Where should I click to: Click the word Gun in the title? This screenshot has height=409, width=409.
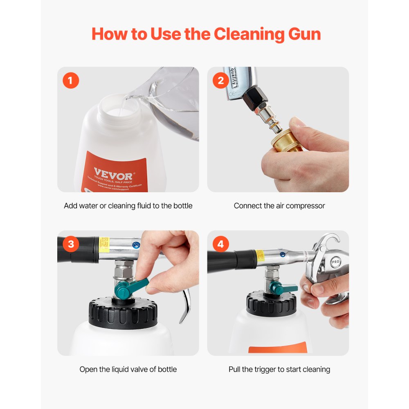tap(301, 34)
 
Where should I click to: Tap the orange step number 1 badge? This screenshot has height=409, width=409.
tap(70, 81)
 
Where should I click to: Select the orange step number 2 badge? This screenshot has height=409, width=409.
tap(220, 81)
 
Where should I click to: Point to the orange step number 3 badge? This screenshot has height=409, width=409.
tap(71, 244)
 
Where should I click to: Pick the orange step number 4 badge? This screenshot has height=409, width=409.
tap(220, 244)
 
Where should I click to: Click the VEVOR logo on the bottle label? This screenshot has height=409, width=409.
tap(108, 171)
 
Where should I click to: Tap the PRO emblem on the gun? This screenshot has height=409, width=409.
tap(336, 261)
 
